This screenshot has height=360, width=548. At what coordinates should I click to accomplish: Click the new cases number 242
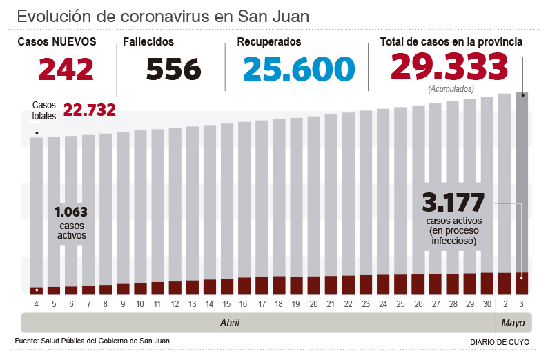click(66, 69)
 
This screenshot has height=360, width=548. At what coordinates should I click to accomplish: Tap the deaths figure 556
click(173, 69)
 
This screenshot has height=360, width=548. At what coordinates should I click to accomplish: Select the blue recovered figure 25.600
click(299, 69)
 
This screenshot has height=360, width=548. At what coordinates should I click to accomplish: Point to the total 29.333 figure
click(449, 67)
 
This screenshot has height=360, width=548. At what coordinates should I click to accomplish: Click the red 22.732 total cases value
click(89, 110)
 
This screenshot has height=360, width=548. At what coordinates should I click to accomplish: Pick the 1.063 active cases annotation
click(71, 212)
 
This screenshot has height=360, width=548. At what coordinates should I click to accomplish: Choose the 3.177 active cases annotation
click(453, 203)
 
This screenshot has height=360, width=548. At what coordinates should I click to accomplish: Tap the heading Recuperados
click(268, 42)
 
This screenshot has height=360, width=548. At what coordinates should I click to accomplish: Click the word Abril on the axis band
click(230, 323)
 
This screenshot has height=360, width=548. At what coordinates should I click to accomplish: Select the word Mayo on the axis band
click(513, 323)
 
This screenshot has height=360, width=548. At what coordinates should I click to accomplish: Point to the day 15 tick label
click(227, 304)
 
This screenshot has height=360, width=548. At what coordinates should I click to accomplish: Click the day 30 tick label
click(487, 304)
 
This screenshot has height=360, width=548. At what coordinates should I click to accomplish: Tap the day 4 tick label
click(36, 304)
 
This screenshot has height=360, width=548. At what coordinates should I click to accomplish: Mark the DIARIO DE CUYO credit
click(500, 342)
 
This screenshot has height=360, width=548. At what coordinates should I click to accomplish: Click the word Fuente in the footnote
click(26, 341)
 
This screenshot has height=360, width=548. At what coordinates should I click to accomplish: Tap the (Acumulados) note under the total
click(451, 89)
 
